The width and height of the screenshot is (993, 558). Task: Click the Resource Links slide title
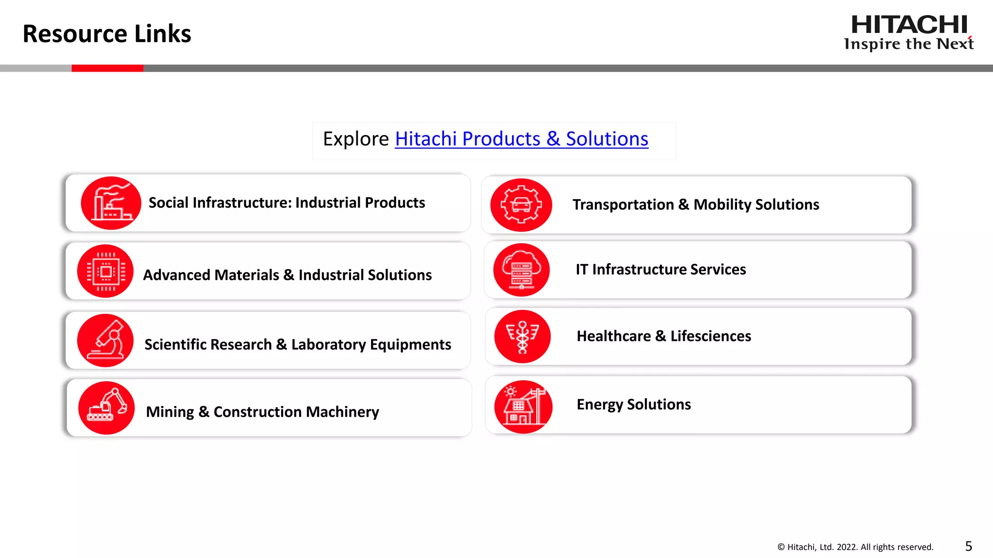(x=107, y=34)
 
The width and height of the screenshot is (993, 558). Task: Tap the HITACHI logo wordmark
(x=909, y=25)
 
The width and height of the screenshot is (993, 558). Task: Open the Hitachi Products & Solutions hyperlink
(x=521, y=139)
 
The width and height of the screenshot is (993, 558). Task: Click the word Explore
(x=356, y=139)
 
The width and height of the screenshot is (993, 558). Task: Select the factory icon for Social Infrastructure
(x=111, y=203)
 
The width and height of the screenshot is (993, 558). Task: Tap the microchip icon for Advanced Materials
(x=105, y=271)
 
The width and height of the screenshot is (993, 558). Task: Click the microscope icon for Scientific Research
(x=105, y=341)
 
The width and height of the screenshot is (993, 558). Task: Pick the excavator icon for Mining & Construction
(x=107, y=408)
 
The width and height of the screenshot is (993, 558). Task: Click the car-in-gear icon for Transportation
(x=521, y=205)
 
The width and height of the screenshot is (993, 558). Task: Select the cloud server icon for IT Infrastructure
(x=521, y=270)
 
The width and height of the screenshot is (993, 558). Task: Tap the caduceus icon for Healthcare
(x=522, y=337)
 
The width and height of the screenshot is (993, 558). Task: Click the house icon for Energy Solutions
(x=523, y=407)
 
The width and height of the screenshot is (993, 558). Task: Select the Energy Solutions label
(x=633, y=404)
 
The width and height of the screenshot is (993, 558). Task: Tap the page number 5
(x=968, y=546)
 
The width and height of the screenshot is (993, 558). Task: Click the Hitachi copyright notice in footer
(x=855, y=547)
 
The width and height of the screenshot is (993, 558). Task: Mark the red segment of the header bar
(x=107, y=68)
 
